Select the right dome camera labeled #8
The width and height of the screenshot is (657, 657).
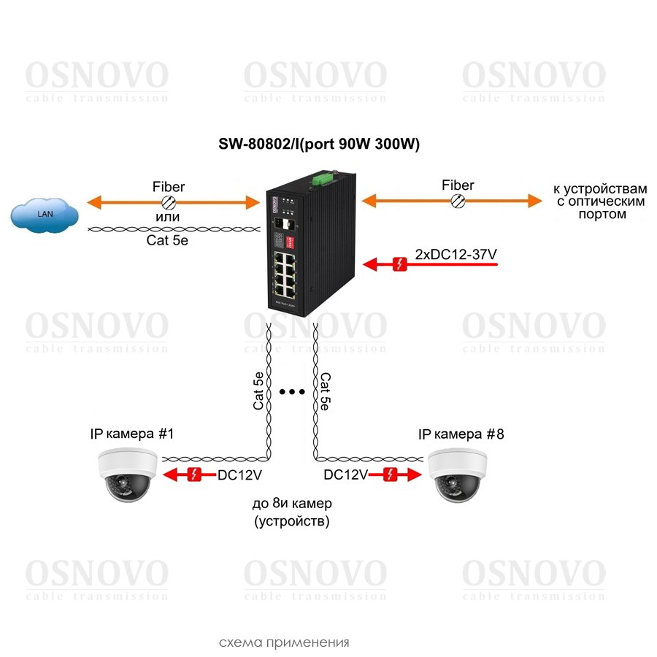tap(458, 475)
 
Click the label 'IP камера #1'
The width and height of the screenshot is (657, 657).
tap(131, 434)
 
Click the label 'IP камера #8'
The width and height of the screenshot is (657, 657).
tap(461, 434)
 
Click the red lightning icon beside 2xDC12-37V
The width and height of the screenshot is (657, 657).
tap(399, 264)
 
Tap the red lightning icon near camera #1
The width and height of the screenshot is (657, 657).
tap(194, 474)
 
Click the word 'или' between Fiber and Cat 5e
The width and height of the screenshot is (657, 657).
tap(168, 218)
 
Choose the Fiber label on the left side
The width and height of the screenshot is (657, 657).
tap(168, 187)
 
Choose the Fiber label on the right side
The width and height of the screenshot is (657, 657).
tap(458, 185)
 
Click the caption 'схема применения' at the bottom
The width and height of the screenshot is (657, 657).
tap(284, 642)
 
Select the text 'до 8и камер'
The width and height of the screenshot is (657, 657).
tap(292, 504)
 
